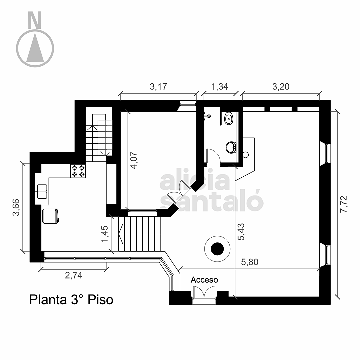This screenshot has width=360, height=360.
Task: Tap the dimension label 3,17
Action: pyautogui.click(x=158, y=87)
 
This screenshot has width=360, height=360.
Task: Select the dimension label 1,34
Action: pyautogui.click(x=219, y=87)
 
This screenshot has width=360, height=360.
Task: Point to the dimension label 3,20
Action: pyautogui.click(x=281, y=87)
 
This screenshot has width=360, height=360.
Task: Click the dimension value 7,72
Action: pyautogui.click(x=344, y=204)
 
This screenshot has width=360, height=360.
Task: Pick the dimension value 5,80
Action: pyautogui.click(x=250, y=262)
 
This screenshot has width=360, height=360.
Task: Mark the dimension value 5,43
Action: pyautogui.click(x=241, y=232)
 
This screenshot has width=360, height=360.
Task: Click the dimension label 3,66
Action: pyautogui.click(x=16, y=207)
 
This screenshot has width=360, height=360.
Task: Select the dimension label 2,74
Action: pyautogui.click(x=73, y=275)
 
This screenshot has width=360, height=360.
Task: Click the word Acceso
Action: pyautogui.click(x=204, y=280)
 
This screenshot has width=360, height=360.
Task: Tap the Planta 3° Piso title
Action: pyautogui.click(x=71, y=300)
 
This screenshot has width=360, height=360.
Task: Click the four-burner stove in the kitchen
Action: pyautogui.click(x=78, y=171)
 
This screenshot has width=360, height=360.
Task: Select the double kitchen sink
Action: pyautogui.click(x=42, y=191)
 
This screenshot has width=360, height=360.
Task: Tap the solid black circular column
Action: pyautogui.click(x=217, y=249)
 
